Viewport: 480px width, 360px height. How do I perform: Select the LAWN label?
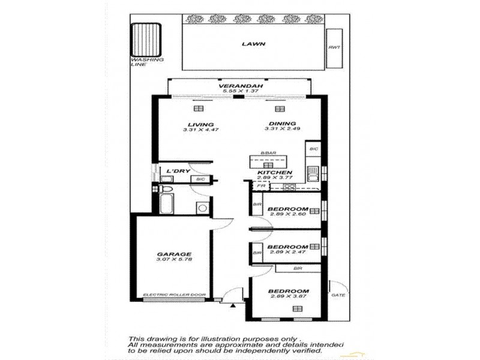click(254, 44)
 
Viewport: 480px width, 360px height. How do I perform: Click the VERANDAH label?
click(233, 86)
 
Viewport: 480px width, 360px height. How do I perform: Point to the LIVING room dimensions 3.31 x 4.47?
click(198, 130)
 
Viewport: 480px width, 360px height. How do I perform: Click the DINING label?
click(279, 124)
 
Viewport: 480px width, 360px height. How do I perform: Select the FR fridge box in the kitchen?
click(261, 186)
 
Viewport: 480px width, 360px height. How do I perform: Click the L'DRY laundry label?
click(178, 171)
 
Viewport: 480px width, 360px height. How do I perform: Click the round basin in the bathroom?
click(202, 208)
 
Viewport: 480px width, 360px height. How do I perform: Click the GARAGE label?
click(173, 254)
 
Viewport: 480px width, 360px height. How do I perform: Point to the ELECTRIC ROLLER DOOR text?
click(174, 295)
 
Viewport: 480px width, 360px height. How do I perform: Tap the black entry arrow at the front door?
click(233, 305)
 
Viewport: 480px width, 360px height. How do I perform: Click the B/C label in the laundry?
click(201, 179)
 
